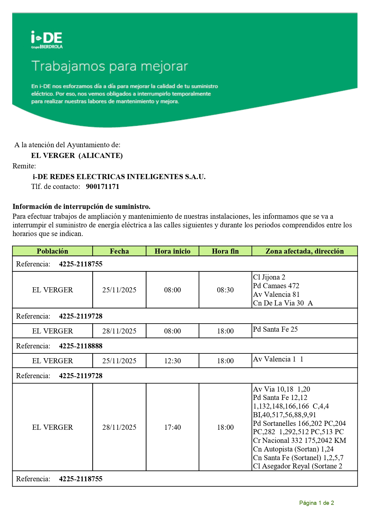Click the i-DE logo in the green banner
(47, 40)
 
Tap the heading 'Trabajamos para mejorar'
(110, 66)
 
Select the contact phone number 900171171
(102, 187)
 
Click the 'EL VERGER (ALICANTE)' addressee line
(77, 156)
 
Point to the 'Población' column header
(52, 251)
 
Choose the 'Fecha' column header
(119, 251)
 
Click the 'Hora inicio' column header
(172, 251)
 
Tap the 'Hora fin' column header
(225, 251)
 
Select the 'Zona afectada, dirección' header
(304, 251)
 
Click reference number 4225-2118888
(81, 346)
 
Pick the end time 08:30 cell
(225, 290)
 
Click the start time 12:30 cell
(172, 361)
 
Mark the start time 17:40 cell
(172, 427)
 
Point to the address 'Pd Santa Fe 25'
(275, 329)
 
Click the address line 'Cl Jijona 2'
(269, 277)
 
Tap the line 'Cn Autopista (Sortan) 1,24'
(293, 449)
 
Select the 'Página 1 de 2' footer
(316, 503)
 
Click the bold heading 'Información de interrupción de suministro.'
(81, 207)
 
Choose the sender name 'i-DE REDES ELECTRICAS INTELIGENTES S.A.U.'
(119, 177)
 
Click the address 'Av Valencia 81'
(276, 294)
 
